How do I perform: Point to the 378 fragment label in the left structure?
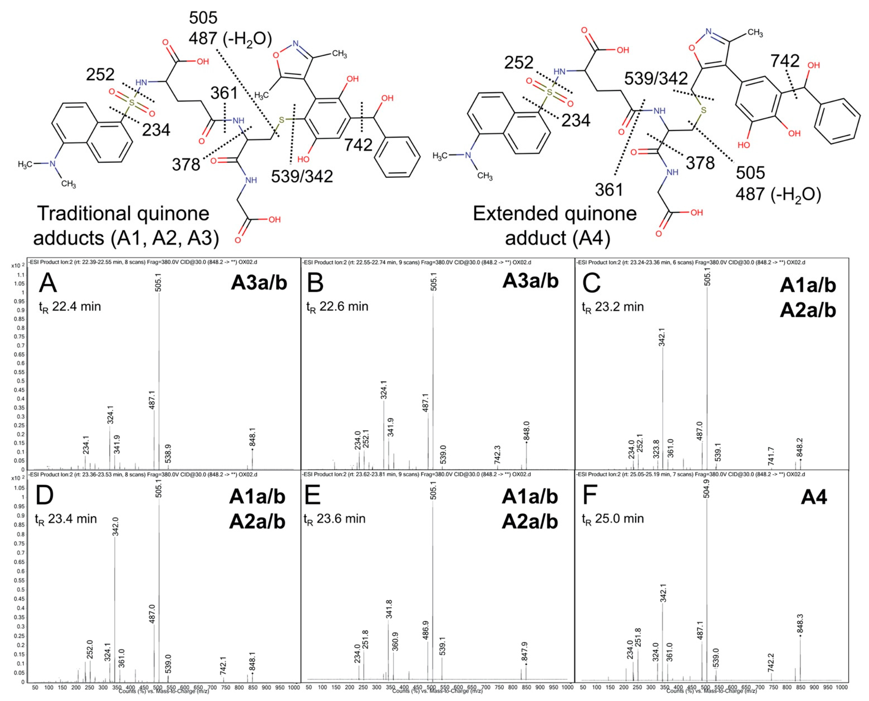pyautogui.click(x=186, y=164)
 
